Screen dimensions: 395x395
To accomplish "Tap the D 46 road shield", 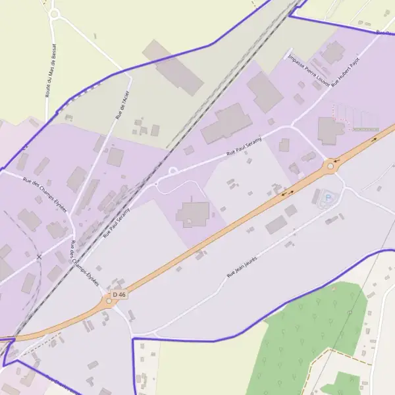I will (x=119, y=294).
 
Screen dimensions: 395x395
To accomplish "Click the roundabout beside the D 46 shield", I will (x=109, y=302).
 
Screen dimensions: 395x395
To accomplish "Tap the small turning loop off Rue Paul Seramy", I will (x=173, y=171).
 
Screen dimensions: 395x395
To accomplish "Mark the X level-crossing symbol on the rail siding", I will (x=39, y=256).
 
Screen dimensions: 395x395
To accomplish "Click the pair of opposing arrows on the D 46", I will (x=288, y=194).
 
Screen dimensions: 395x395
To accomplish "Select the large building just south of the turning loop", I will (x=193, y=214).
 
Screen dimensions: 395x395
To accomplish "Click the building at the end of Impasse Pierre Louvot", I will (x=333, y=51).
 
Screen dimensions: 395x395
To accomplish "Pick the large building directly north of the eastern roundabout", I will (x=330, y=130).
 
